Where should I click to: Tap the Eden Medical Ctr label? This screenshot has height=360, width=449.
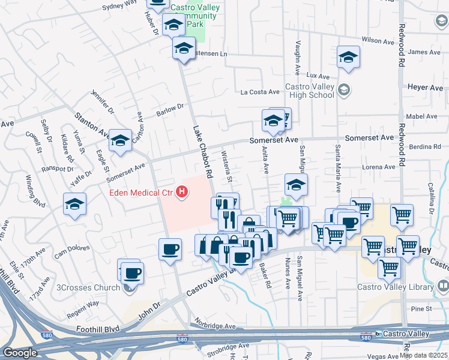click(x=141, y=193)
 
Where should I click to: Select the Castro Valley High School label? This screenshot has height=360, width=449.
click(x=310, y=91)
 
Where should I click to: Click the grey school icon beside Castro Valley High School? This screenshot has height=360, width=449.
click(x=344, y=91)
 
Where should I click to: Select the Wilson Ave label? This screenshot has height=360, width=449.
click(x=378, y=40)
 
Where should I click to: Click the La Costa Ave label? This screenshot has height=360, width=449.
click(x=260, y=92)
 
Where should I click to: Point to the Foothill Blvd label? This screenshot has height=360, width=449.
click(x=97, y=329)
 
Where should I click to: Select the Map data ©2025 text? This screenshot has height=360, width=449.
click(x=424, y=355)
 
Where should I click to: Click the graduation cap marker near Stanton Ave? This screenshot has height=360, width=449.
click(x=120, y=142)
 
